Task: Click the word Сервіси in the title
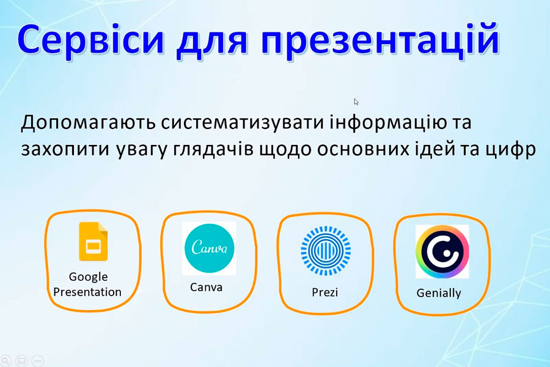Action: tap(90, 39)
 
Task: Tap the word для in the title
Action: tap(212, 42)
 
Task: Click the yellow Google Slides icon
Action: tap(94, 241)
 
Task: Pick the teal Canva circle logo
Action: tap(209, 248)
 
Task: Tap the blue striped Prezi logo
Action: tap(326, 250)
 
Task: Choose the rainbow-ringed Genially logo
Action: tap(442, 251)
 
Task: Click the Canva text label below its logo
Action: tap(207, 287)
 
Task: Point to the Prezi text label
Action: tap(325, 292)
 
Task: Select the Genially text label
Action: tap(439, 293)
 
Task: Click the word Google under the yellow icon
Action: tap(88, 276)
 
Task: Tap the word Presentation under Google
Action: tap(87, 292)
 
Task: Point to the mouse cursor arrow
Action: tap(356, 102)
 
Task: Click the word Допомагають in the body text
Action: tap(88, 122)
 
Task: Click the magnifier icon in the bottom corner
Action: tap(5, 361)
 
